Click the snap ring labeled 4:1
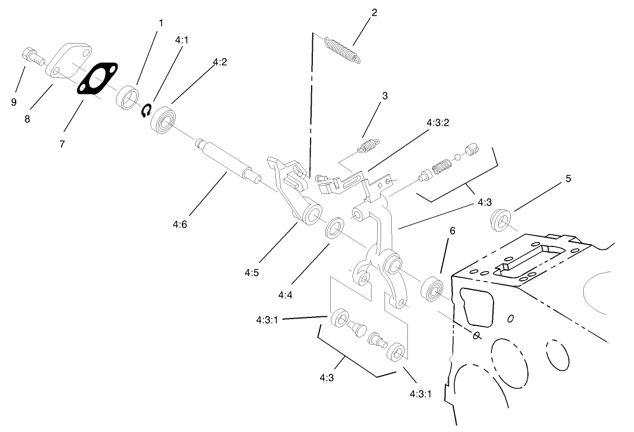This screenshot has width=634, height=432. click(x=146, y=111)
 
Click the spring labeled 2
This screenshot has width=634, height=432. click(x=341, y=48)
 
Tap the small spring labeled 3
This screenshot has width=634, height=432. click(x=367, y=146)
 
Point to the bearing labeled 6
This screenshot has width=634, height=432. click(x=432, y=288)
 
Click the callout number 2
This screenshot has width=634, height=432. click(x=374, y=12)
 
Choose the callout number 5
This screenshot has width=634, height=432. click(x=568, y=179)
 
